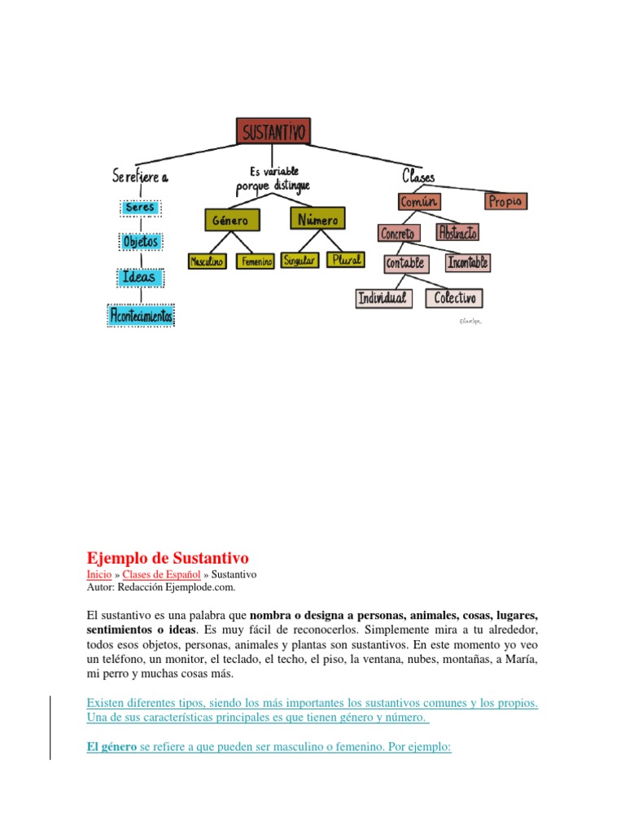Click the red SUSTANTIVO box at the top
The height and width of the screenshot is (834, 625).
(x=273, y=130)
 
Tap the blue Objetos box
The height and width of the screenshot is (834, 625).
(x=141, y=242)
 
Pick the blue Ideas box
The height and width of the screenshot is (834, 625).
(x=140, y=278)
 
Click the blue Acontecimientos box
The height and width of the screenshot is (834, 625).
(x=141, y=314)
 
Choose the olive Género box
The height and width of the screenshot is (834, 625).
(x=231, y=220)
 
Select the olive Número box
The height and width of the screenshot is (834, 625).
(x=317, y=219)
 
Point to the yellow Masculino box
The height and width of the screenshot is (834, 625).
(x=208, y=262)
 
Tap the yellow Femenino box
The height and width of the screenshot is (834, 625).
(x=256, y=262)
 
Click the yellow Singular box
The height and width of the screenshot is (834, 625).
(x=301, y=261)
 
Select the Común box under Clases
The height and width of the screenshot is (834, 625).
(x=419, y=200)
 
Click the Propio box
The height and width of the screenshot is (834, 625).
(x=505, y=200)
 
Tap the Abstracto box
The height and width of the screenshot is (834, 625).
(x=457, y=232)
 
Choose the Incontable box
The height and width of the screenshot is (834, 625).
(x=467, y=262)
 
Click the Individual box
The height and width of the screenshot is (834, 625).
(x=383, y=298)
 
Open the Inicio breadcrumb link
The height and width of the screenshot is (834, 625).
(x=98, y=574)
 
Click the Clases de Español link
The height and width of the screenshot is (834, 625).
(x=161, y=574)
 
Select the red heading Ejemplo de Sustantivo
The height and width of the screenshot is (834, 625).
(x=168, y=558)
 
